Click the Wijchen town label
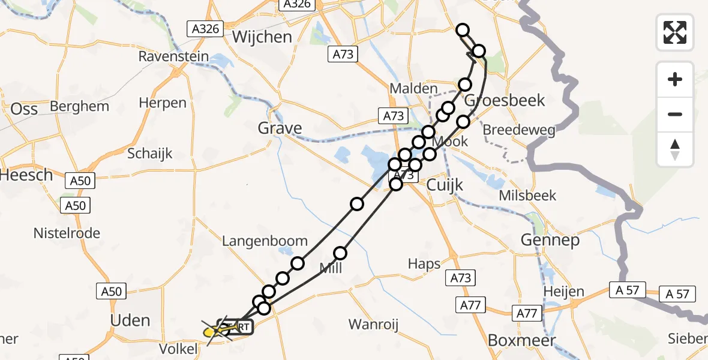tap(262, 37)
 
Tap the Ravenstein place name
tap(173, 57)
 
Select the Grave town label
tap(280, 128)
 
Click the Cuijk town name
tap(445, 185)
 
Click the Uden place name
tap(130, 320)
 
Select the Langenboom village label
tap(265, 241)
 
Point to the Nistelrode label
tap(67, 233)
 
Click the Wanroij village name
tap(374, 325)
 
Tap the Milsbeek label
tap(527, 196)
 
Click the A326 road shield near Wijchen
tap(205, 28)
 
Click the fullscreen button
tap(675, 32)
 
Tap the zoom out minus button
tap(675, 114)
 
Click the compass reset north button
tap(675, 149)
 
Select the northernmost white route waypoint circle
tap(463, 30)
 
